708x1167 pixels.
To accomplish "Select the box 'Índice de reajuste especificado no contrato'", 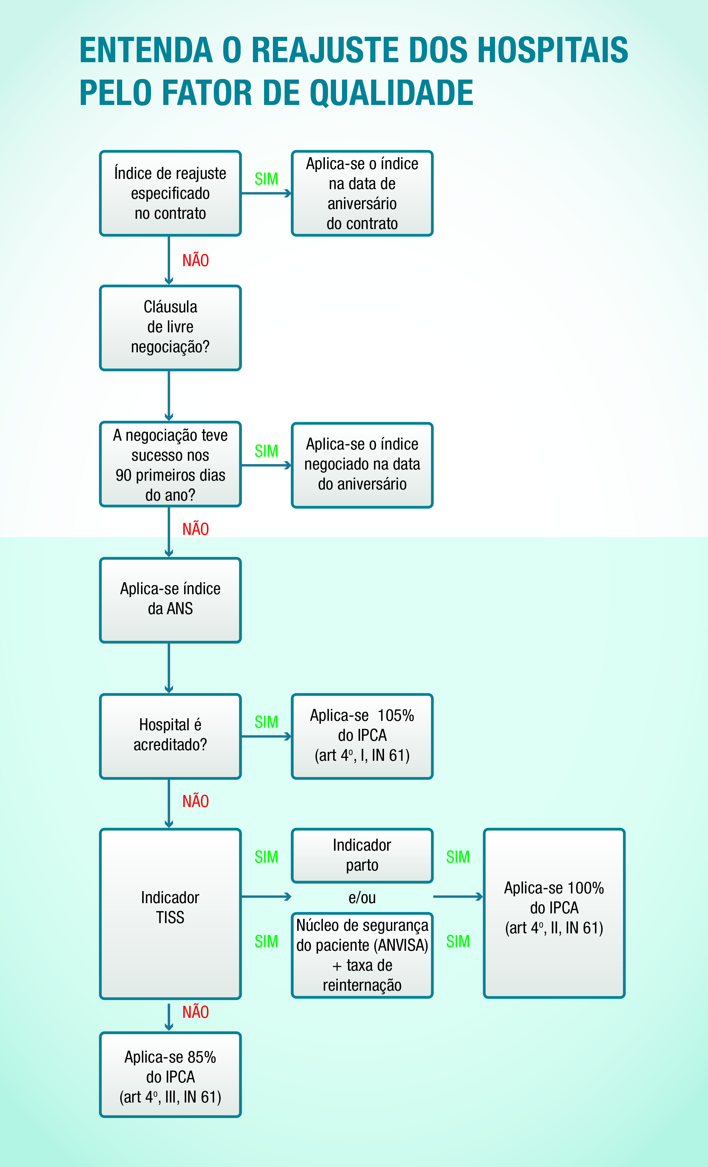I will tap(170, 193).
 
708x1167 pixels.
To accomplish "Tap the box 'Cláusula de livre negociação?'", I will tap(170, 327).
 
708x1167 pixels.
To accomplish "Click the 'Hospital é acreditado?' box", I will tap(170, 735).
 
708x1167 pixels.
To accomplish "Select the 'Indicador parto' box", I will tap(362, 855).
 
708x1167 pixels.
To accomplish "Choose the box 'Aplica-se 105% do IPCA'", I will tap(362, 735).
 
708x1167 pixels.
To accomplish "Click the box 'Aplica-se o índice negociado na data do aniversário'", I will tap(362, 465).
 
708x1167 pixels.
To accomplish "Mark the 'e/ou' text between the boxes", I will tap(362, 897).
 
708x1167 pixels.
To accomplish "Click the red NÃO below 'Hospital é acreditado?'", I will tap(195, 801).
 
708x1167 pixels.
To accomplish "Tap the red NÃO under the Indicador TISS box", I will tap(195, 1012).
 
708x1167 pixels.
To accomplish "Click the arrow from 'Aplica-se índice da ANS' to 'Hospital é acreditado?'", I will tap(169, 668).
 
